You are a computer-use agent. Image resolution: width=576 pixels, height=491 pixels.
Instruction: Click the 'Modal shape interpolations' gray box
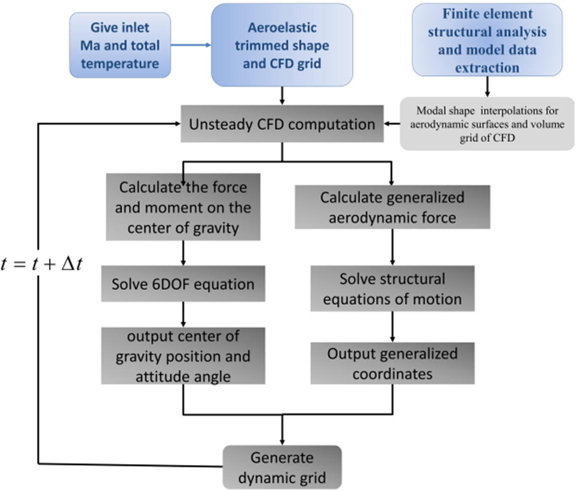[486, 124]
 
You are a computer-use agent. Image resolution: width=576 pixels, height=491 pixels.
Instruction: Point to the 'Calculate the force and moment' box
[184, 208]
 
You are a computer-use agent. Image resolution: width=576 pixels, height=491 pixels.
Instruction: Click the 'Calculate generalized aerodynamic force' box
[392, 207]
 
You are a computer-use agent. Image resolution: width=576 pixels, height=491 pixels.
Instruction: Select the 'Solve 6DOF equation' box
[184, 284]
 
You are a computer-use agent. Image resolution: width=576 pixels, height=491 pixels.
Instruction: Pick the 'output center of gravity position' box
[184, 356]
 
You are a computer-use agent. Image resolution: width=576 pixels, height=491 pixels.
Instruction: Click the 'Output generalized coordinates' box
[392, 364]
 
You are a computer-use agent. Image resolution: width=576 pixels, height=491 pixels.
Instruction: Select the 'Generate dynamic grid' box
[282, 467]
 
